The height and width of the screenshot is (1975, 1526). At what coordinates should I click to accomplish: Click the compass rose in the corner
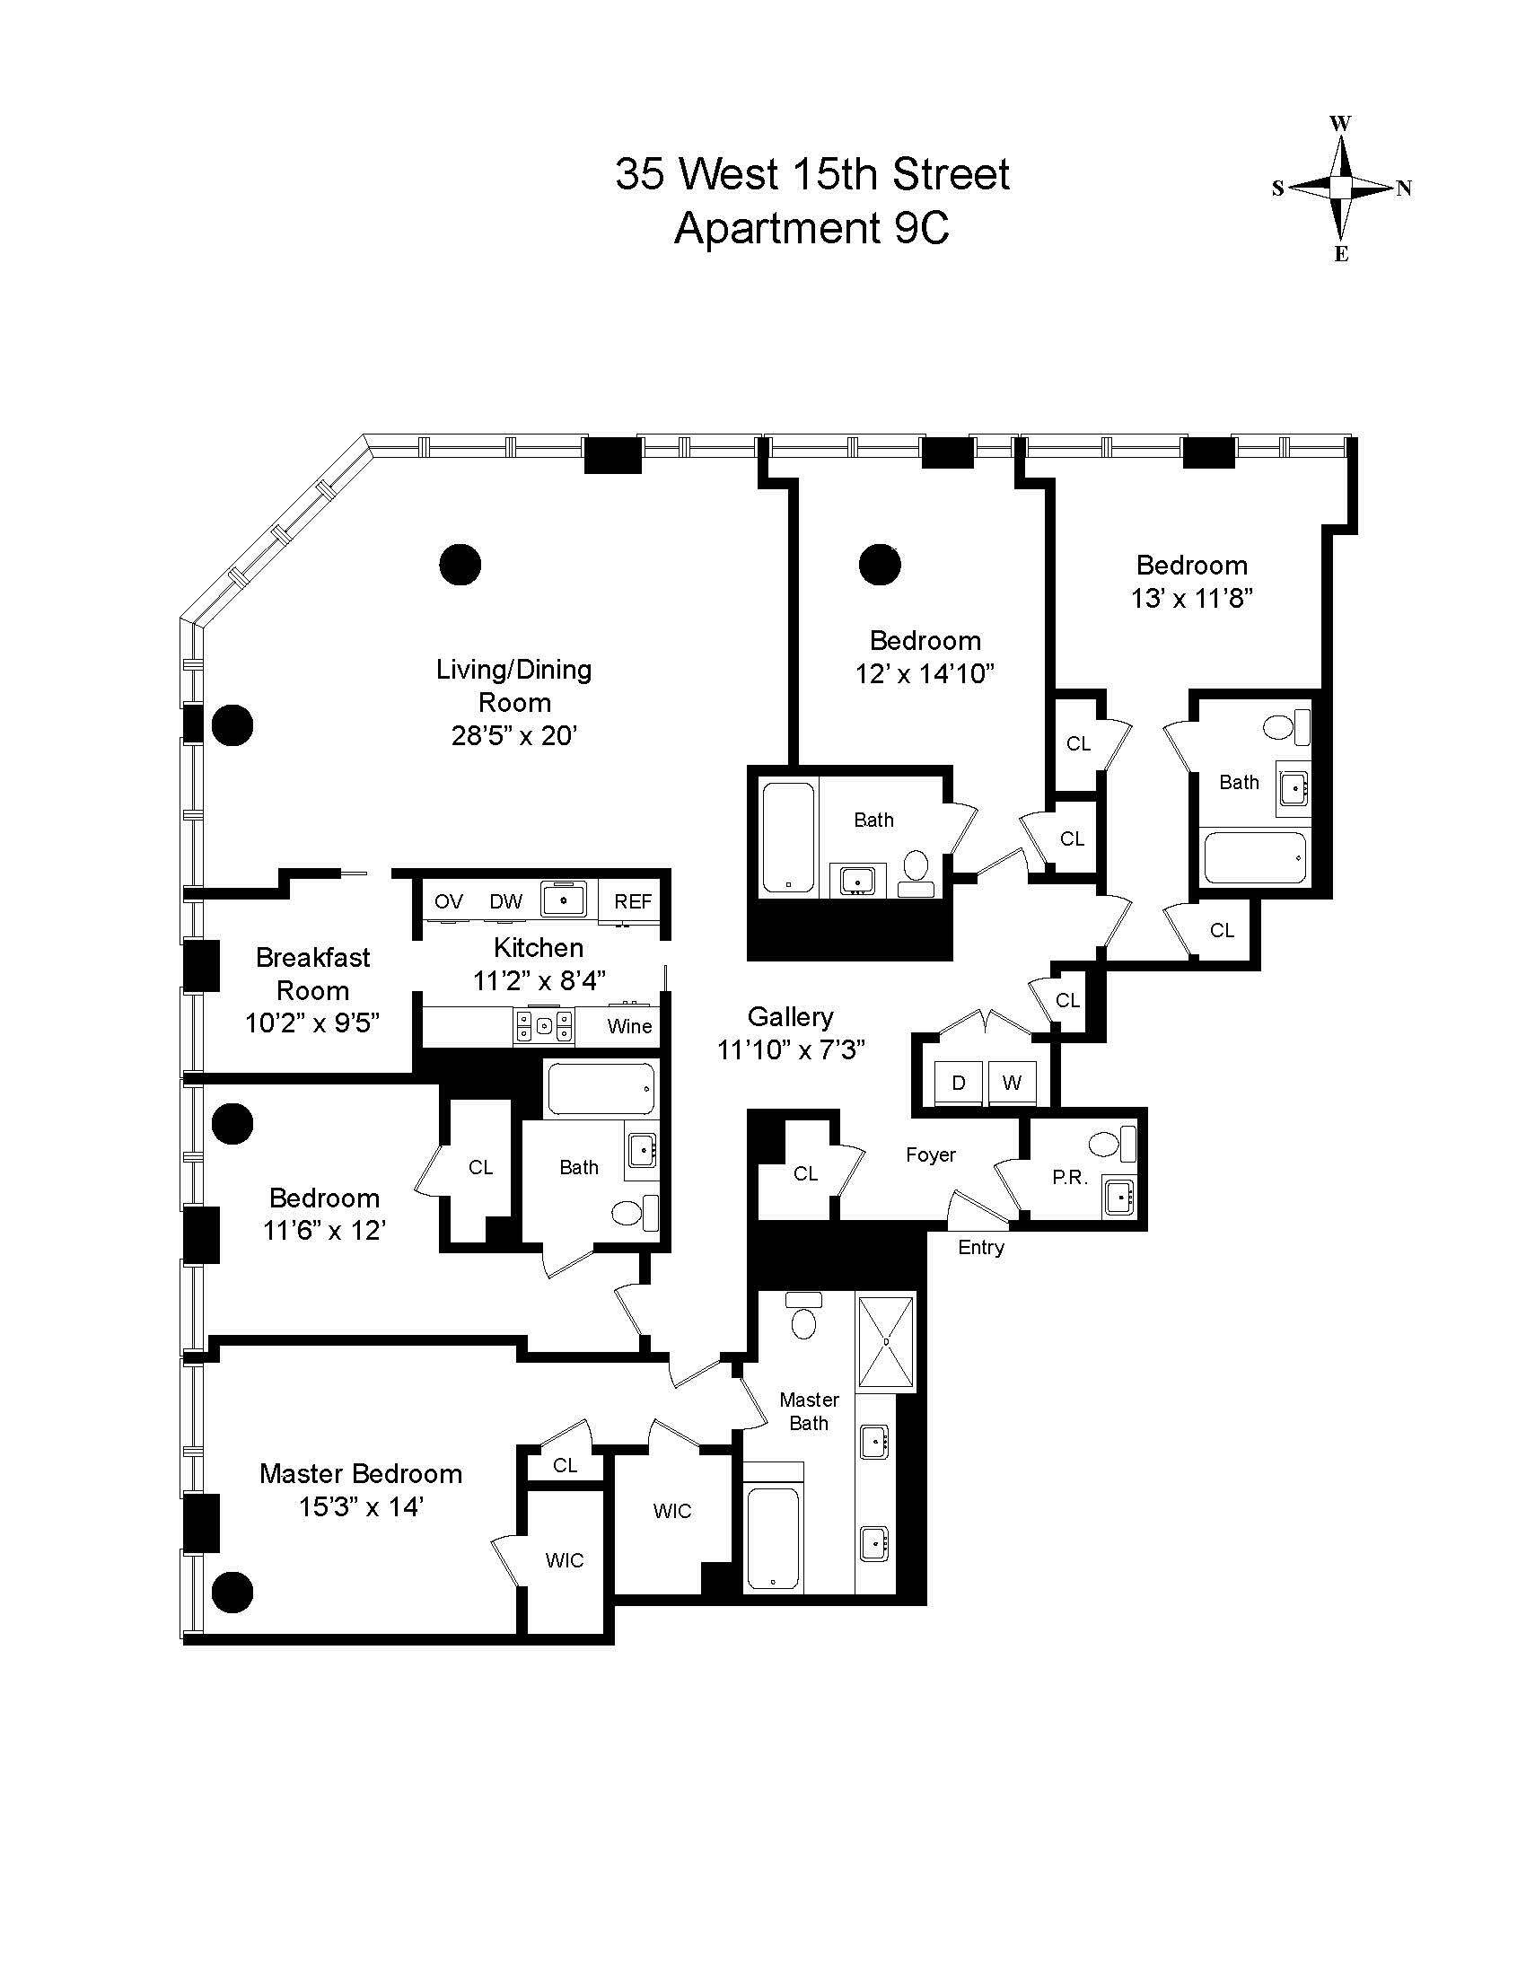coord(1342,188)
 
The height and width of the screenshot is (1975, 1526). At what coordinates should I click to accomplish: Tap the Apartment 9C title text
coord(811,228)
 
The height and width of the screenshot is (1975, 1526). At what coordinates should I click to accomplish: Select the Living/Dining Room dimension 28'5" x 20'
coord(513,735)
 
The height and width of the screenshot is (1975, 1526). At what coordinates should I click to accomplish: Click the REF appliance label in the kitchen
coord(633,901)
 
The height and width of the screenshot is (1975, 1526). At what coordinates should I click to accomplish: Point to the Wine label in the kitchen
coord(629,1026)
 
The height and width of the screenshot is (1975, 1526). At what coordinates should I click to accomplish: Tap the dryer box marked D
coord(959,1083)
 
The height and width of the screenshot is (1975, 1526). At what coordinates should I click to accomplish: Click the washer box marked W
coord(1012,1083)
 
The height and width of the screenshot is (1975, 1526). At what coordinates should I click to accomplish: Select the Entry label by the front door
coord(981,1248)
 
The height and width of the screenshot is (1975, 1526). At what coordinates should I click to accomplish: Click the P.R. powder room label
coord(1069,1179)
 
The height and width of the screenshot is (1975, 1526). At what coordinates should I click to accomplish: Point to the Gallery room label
coord(790,1016)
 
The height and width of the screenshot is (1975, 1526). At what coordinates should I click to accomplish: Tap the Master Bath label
coord(809,1410)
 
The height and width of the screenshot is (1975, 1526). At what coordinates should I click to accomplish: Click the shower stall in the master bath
coord(885,1341)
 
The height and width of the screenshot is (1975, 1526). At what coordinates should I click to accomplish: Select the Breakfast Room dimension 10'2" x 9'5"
coord(311,1023)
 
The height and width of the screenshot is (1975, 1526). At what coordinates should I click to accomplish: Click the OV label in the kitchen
coord(449,901)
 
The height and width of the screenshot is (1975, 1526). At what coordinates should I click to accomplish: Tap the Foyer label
coord(930,1154)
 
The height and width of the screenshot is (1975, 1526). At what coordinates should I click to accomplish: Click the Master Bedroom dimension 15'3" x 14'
coord(362,1507)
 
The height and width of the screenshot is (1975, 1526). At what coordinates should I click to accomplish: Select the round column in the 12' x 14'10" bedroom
coord(879,566)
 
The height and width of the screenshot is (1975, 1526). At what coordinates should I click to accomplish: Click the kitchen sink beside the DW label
coord(563,900)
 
